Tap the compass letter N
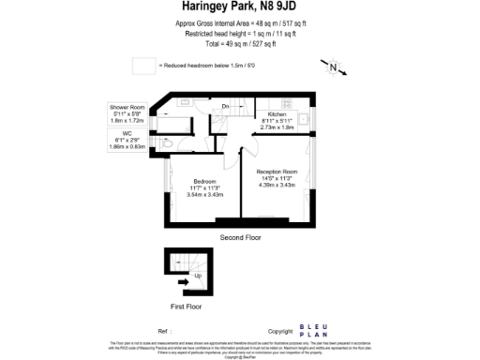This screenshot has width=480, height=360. pyautogui.click(x=332, y=67)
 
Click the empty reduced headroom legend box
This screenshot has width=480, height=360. pyautogui.click(x=142, y=66)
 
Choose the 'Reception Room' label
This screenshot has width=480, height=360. pyautogui.click(x=277, y=172)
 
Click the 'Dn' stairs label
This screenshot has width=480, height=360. pyautogui.click(x=226, y=107)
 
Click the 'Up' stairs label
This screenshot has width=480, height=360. pyautogui.click(x=198, y=276)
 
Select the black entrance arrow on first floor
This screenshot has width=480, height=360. pyautogui.click(x=184, y=279)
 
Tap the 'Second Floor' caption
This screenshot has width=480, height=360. pyautogui.click(x=240, y=237)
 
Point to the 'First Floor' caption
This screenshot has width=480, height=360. pyautogui.click(x=187, y=307)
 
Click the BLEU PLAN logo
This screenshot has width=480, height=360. pyautogui.click(x=312, y=331)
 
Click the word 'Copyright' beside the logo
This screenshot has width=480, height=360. pyautogui.click(x=280, y=332)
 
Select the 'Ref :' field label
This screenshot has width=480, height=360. pyautogui.click(x=163, y=332)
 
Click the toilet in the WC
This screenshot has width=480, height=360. pyautogui.click(x=166, y=144)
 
